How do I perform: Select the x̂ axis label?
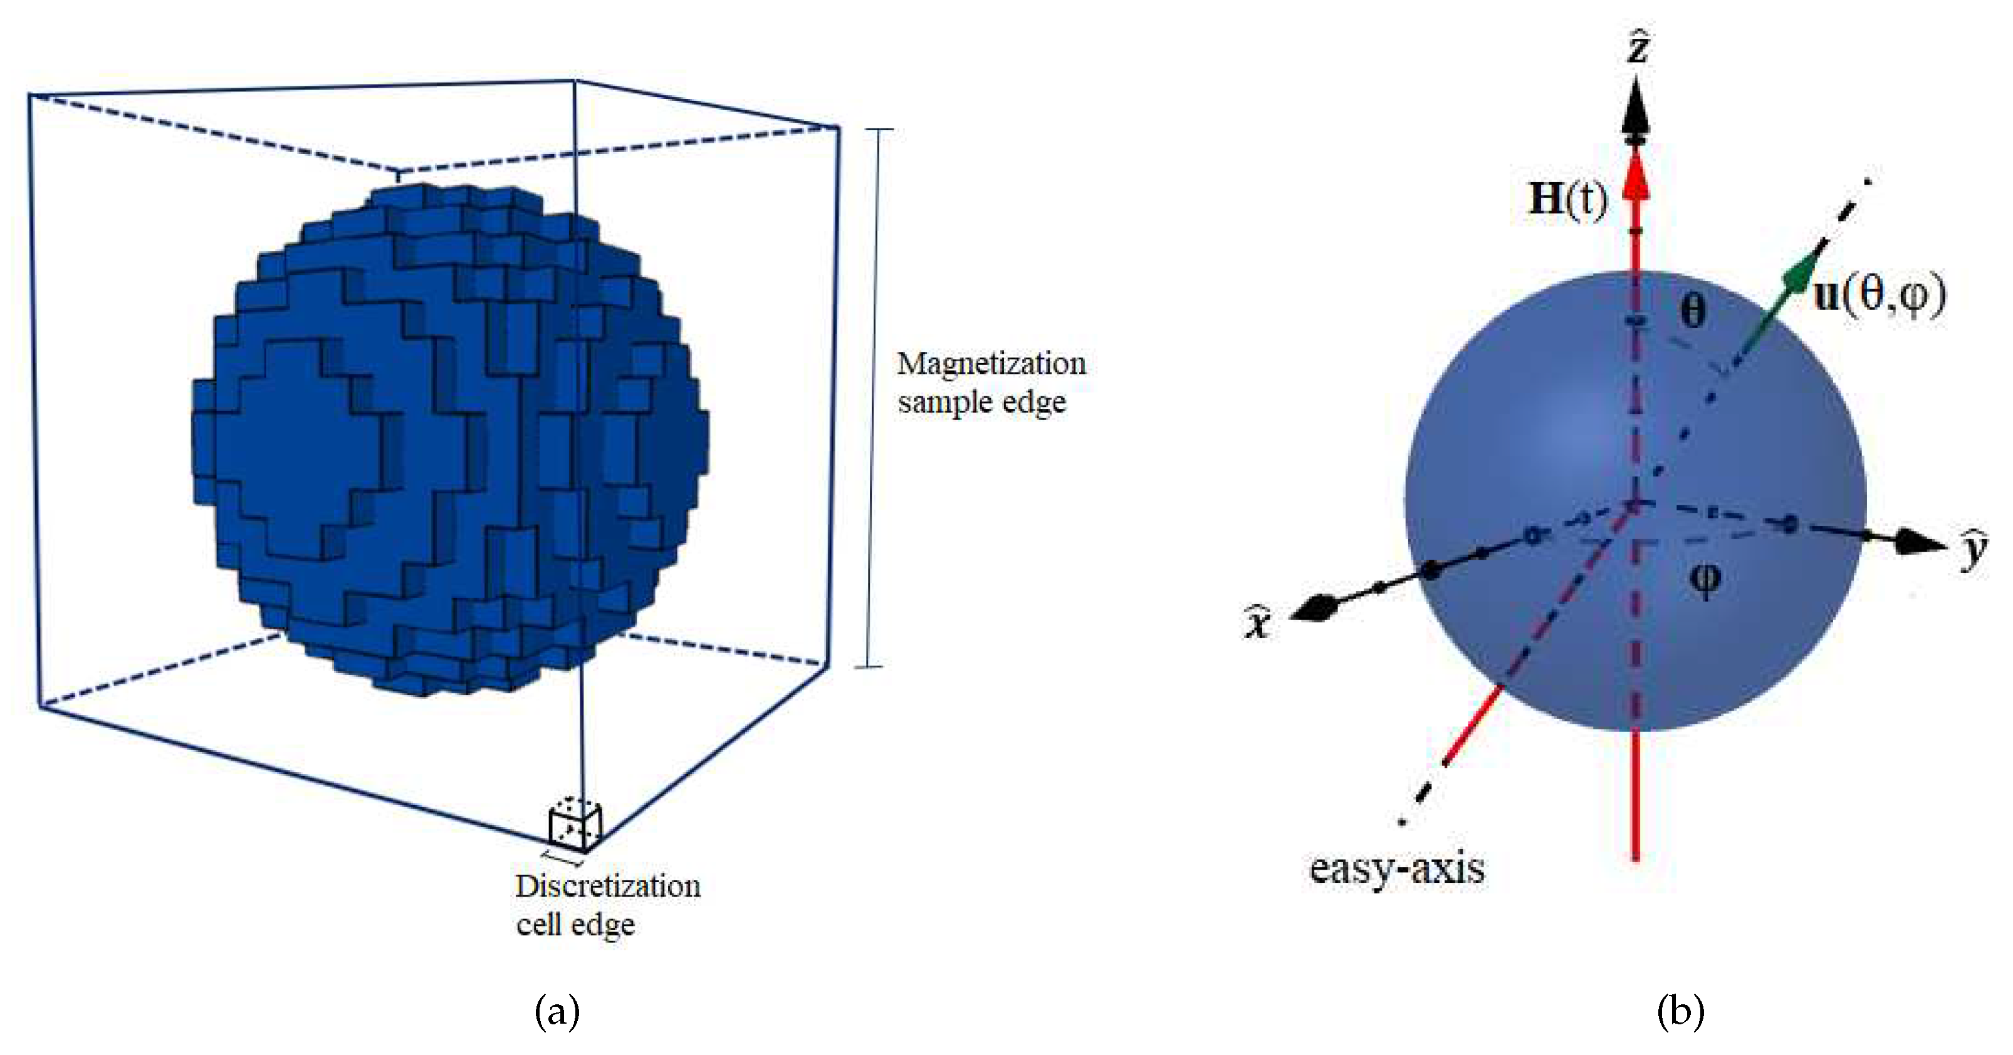coord(1257,622)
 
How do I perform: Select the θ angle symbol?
coord(1693,310)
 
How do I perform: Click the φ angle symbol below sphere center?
coord(1704,579)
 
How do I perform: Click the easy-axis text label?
coord(1396,868)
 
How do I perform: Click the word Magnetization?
coord(991,364)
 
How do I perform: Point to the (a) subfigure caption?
coord(557,1011)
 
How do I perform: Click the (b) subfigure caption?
coord(1680,1011)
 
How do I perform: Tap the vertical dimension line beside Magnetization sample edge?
coord(874,398)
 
